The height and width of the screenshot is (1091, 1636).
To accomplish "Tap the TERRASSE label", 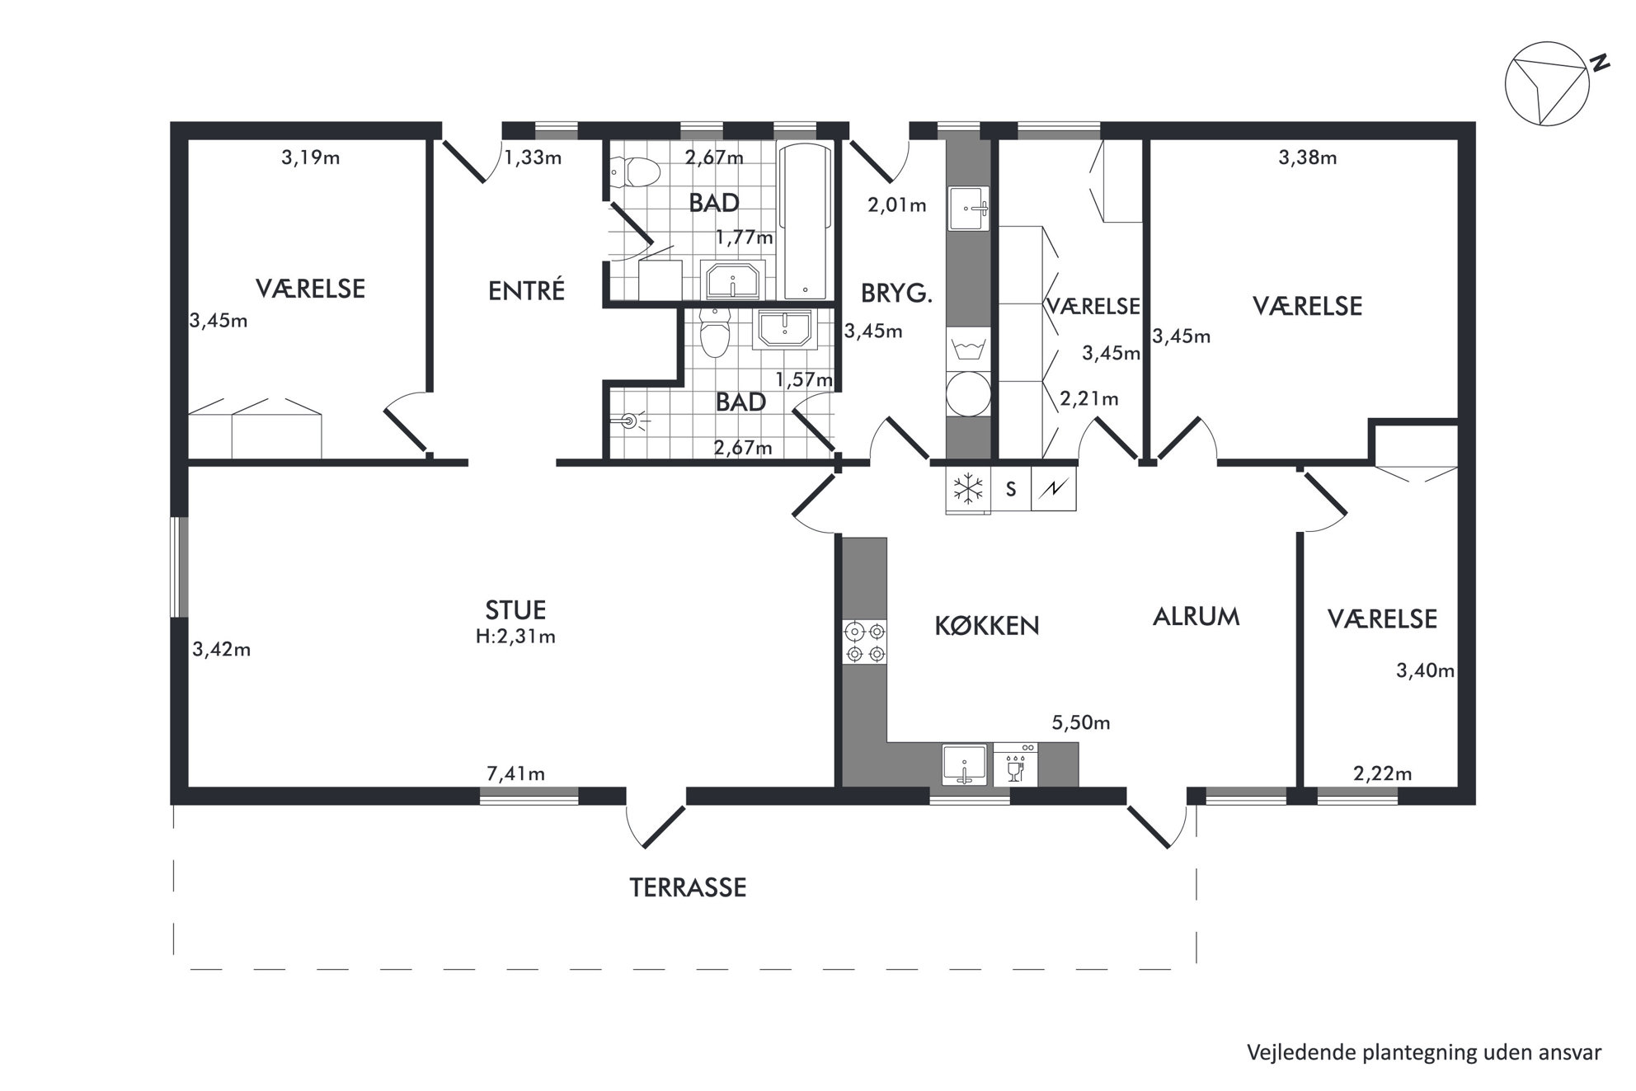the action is [x=688, y=887].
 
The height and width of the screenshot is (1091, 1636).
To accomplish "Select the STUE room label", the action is [x=515, y=610].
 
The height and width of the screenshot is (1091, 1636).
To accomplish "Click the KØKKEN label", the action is [x=986, y=626].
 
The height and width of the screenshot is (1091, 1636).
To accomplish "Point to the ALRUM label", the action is [x=1196, y=617].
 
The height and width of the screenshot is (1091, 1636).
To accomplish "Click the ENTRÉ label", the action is [x=526, y=290].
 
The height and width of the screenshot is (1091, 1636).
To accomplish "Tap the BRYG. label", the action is [x=896, y=294].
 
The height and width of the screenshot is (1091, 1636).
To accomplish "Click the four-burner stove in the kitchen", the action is [x=864, y=642].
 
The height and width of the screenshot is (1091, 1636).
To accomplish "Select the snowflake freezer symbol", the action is [x=968, y=488].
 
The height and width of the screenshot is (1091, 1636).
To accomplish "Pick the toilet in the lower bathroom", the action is [x=714, y=332].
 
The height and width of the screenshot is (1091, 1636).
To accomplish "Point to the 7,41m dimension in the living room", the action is [x=515, y=774].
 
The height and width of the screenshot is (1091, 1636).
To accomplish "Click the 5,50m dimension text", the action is [x=1080, y=723].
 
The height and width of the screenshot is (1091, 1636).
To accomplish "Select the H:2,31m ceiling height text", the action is [x=515, y=637].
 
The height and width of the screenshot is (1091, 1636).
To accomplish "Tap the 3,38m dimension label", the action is [x=1307, y=158].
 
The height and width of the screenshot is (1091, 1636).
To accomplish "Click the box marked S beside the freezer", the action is [x=1011, y=489].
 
